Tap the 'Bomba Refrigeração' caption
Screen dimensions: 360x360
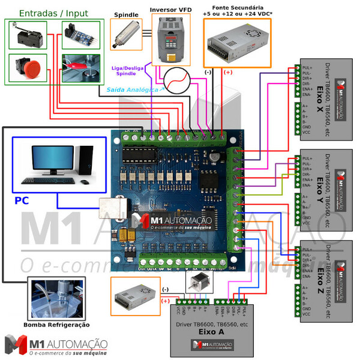click(x=57, y=325)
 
